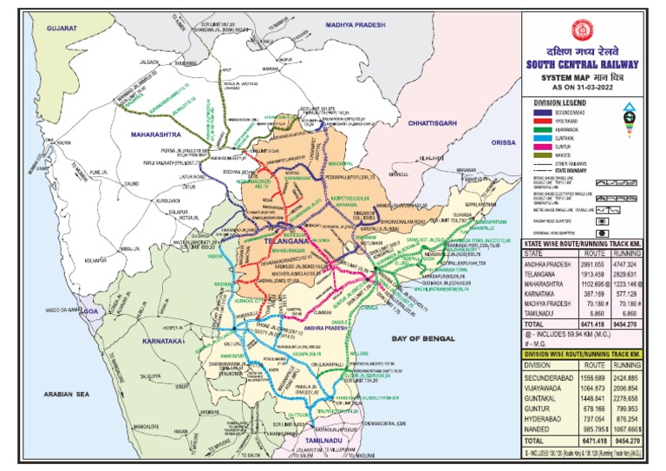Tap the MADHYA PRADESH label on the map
pyautogui.click(x=358, y=25)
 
